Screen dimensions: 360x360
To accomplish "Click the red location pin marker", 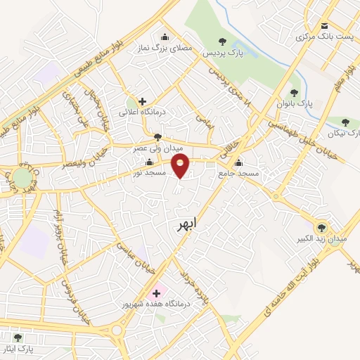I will click(181, 166).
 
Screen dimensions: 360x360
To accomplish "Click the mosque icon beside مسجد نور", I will click(149, 163).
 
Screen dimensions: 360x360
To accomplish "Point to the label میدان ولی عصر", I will click(159, 149).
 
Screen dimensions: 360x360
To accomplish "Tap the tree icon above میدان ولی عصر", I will click(157, 137).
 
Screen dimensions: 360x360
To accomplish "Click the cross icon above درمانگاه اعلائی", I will click(143, 101).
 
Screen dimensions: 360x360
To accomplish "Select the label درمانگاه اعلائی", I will click(141, 112).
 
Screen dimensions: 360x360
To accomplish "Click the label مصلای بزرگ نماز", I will click(164, 49).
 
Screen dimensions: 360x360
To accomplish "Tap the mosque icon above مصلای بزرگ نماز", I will click(165, 38).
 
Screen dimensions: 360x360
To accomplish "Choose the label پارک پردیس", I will click(222, 53).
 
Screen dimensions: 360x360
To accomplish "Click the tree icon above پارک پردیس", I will click(223, 42).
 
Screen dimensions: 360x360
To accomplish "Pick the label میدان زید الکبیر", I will click(323, 238).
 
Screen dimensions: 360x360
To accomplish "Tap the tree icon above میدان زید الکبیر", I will click(322, 226).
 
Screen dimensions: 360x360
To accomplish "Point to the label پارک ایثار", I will click(18, 347).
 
